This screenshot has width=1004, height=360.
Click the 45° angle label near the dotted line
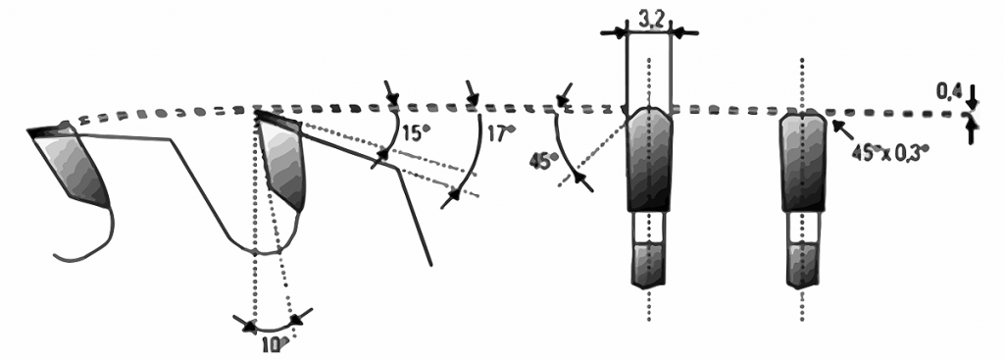542,160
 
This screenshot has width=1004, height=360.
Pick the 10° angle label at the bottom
274,342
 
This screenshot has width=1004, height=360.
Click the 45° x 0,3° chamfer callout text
892,154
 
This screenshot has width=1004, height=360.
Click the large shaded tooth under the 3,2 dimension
648,160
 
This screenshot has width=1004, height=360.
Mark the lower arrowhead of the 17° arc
452,197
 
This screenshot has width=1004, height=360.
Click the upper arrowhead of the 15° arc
392,99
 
